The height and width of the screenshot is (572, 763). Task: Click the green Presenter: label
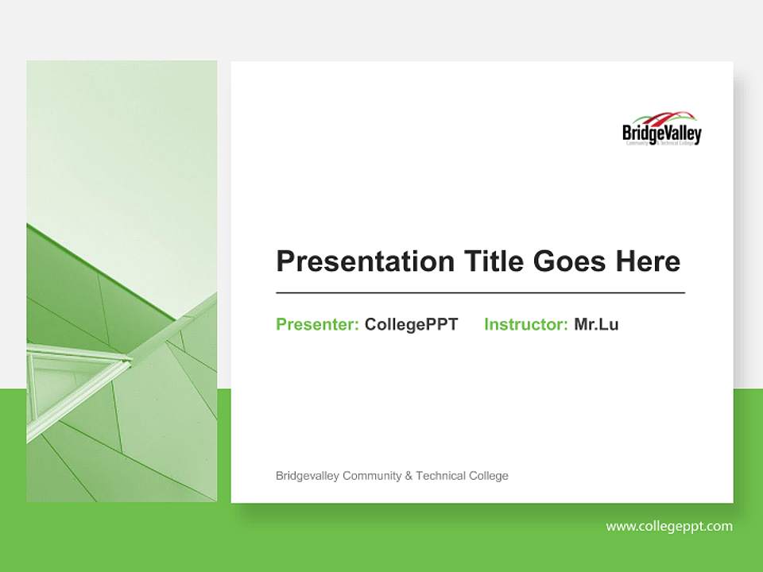point(317,324)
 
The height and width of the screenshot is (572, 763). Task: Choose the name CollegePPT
point(411,324)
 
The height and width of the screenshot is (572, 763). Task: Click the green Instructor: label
point(525,324)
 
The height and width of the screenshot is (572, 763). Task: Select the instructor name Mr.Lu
point(596,324)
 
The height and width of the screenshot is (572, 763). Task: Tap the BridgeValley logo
point(662,129)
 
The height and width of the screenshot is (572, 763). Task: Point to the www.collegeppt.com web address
point(669,526)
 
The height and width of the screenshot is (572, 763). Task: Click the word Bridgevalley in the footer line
point(308,476)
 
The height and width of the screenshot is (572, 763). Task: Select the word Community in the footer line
point(372,476)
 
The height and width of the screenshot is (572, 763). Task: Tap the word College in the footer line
point(490,476)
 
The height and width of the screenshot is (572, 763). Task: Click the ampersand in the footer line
point(409,476)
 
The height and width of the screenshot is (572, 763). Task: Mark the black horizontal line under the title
point(480,293)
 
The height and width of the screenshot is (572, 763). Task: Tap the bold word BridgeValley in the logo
point(662,133)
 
